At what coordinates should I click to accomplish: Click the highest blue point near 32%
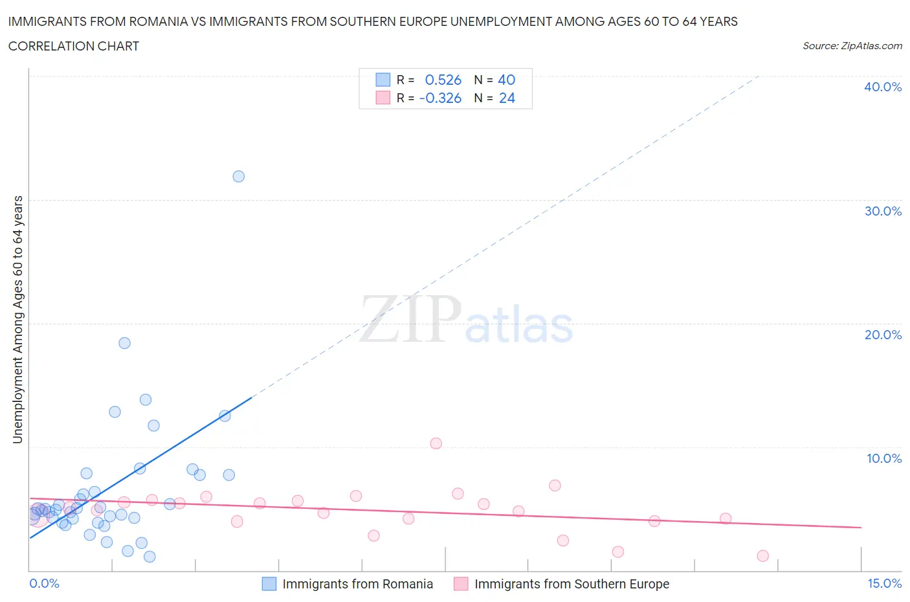coord(238,176)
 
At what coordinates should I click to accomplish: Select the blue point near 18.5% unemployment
coord(124,343)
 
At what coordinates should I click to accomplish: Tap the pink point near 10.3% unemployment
coord(436,443)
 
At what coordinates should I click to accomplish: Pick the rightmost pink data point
coord(762,556)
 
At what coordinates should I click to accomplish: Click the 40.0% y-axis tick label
coord(883,87)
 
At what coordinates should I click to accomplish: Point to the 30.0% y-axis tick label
coord(883,211)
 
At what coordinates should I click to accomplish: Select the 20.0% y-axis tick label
coord(883,335)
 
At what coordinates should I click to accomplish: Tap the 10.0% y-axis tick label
coord(883,458)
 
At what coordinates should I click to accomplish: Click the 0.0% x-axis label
coord(44,583)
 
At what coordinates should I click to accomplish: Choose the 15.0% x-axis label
coord(884,583)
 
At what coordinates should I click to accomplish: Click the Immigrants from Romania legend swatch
coord(269,584)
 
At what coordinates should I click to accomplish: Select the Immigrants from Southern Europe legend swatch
coord(461,584)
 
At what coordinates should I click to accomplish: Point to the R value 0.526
coord(443,80)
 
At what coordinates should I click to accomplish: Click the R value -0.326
coord(440,98)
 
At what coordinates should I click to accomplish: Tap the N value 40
coord(506,80)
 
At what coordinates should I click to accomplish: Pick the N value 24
coord(507,98)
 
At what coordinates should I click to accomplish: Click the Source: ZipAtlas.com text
coord(852,45)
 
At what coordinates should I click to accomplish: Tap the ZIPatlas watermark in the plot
coord(466,320)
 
